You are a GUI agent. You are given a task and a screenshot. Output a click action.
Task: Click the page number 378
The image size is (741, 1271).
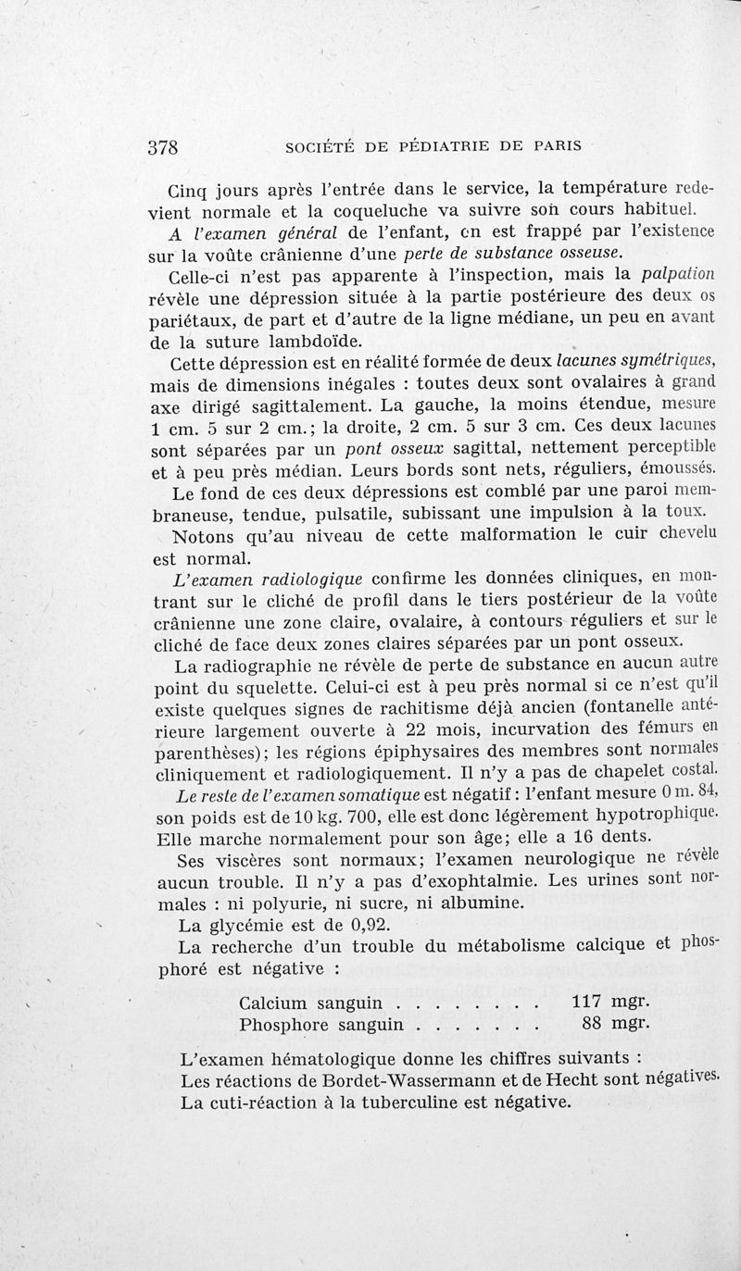pos(163,146)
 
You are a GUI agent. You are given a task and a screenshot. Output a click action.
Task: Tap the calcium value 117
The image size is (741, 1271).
pos(587,1003)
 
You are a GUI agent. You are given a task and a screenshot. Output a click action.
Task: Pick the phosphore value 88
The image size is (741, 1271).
pos(597,1024)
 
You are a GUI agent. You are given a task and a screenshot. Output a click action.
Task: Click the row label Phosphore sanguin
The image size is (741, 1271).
pos(321,1025)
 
